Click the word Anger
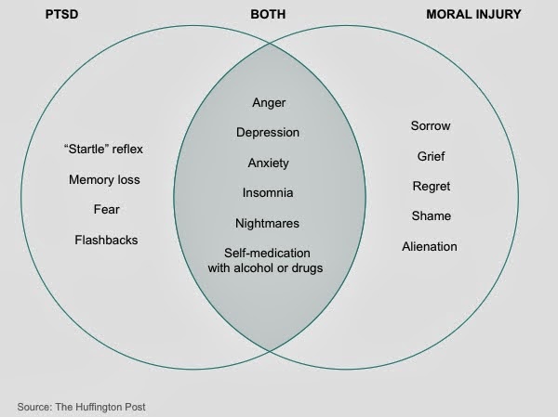[x=269, y=101]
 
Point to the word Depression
[x=269, y=132]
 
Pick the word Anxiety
[x=269, y=163]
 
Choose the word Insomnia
[x=269, y=193]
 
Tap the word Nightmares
[x=269, y=224]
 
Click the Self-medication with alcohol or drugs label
[x=269, y=261]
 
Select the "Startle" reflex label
[x=107, y=149]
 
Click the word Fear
[x=107, y=209]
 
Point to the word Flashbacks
[x=107, y=240]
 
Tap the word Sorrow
[x=431, y=125]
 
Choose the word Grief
[x=431, y=156]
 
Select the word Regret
[x=431, y=186]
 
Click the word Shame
[x=431, y=215]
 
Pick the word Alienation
[x=430, y=246]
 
